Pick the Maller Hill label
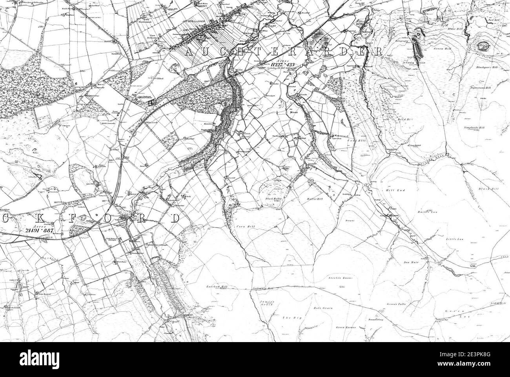(x=314, y=200)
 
